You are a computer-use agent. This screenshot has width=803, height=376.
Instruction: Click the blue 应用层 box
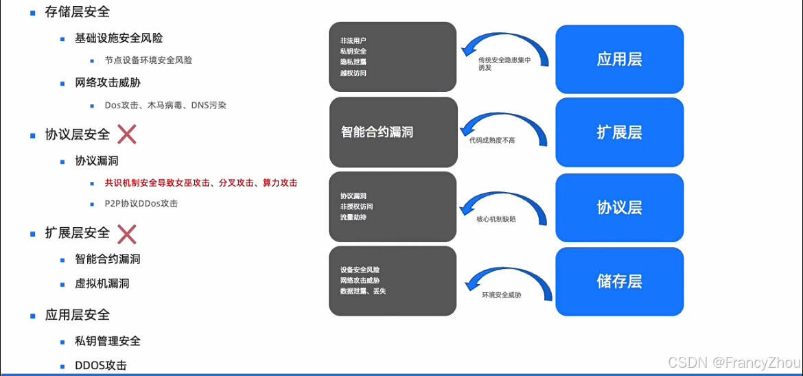[x=619, y=59]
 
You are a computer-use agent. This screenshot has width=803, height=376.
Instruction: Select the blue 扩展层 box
[x=619, y=132]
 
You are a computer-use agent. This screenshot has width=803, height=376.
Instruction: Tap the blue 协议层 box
[x=619, y=207]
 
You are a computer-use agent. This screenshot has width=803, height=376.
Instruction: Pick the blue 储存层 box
[x=619, y=281]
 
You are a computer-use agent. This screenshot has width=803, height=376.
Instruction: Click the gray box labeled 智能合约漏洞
[x=393, y=132]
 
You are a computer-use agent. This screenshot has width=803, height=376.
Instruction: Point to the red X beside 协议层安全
[x=127, y=134]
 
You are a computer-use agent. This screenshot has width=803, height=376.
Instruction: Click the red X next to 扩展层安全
[x=127, y=234]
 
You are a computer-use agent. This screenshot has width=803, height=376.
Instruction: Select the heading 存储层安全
[x=77, y=12]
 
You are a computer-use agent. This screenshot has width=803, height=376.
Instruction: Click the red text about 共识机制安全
[x=200, y=183]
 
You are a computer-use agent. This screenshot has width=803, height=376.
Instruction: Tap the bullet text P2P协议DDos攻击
[x=141, y=204]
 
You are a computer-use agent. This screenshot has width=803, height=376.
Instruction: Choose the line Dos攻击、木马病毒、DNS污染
[x=165, y=106]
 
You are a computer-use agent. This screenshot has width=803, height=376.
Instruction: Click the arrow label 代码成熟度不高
[x=492, y=140]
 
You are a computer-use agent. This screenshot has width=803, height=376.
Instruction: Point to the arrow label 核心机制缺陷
[x=496, y=219]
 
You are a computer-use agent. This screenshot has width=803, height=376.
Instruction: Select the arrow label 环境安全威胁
[x=502, y=295]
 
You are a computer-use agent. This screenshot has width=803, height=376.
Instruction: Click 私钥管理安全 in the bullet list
[x=108, y=341]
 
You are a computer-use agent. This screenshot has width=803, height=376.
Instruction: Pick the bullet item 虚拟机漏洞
[x=102, y=283]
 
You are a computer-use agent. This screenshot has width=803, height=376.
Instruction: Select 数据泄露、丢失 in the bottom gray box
[x=363, y=292]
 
